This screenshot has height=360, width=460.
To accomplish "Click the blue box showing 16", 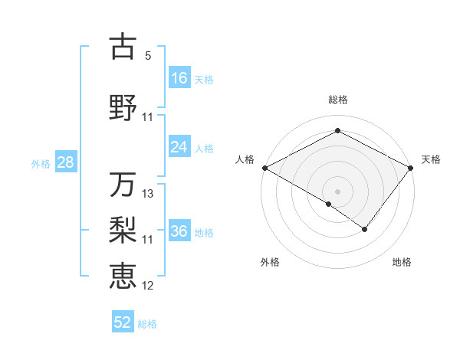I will (179, 77).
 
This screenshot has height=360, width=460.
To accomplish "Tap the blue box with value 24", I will (179, 147).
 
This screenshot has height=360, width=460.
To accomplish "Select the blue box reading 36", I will (179, 231).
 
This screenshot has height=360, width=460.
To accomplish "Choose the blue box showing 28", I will (65, 162).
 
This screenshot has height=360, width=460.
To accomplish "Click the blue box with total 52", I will (123, 322).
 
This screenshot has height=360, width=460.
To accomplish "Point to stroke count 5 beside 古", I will (148, 56).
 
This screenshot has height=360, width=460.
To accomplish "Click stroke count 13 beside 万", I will (148, 194).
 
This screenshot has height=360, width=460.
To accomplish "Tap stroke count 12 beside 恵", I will (148, 286).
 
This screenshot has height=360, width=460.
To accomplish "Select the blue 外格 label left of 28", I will (41, 163).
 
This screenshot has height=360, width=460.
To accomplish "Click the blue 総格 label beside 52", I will (147, 323).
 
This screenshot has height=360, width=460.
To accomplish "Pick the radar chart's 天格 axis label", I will (431, 159).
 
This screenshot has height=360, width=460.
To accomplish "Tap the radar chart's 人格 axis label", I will (245, 159).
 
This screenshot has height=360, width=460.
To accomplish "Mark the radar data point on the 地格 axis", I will (365, 229).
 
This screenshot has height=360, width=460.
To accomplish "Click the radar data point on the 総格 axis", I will (337, 131).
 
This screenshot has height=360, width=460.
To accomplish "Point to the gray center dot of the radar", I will (337, 191).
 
